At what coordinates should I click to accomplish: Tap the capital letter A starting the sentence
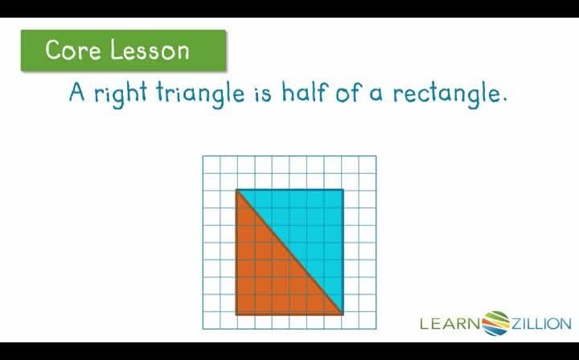77,92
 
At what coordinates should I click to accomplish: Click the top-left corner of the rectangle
236,190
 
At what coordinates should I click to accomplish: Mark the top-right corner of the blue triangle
343,190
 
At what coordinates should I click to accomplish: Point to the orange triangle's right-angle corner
236,313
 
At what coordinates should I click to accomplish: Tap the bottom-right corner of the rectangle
343,313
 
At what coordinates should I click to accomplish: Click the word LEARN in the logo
450,324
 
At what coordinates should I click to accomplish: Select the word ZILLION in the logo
541,324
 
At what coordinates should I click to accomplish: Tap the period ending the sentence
505,100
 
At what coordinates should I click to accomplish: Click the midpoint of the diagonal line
289,252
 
